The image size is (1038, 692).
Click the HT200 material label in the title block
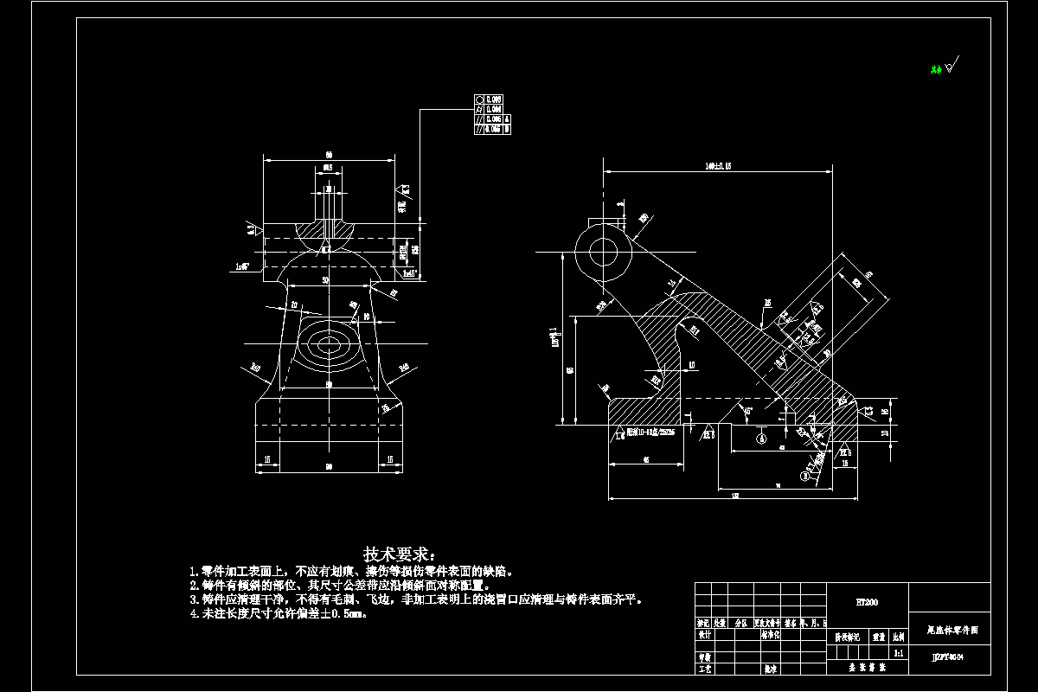tap(866, 601)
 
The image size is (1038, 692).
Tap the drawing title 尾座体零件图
tap(949, 631)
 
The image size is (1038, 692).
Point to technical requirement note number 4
tap(279, 614)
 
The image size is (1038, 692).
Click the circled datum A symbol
tap(761, 439)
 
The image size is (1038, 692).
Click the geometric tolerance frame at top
tap(492, 114)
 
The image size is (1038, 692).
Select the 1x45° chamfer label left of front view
tap(243, 267)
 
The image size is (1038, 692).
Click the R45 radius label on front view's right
tap(403, 369)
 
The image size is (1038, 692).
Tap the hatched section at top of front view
tap(328, 227)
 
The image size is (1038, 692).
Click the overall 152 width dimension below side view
tap(734, 496)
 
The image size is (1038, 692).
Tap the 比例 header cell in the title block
tap(899, 636)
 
